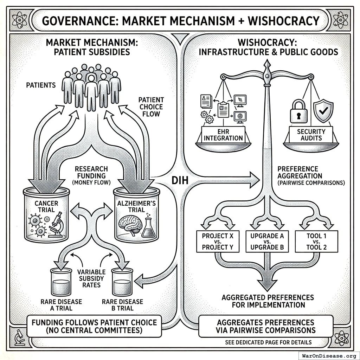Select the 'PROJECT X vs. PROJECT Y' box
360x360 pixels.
point(216,242)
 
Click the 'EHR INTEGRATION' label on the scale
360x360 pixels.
point(223,135)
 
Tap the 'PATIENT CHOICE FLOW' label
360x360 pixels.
point(151,107)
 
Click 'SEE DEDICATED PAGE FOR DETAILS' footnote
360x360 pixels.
point(268,342)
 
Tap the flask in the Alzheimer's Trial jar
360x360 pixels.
point(148,227)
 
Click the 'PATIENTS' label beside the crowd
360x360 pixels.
point(41,85)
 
